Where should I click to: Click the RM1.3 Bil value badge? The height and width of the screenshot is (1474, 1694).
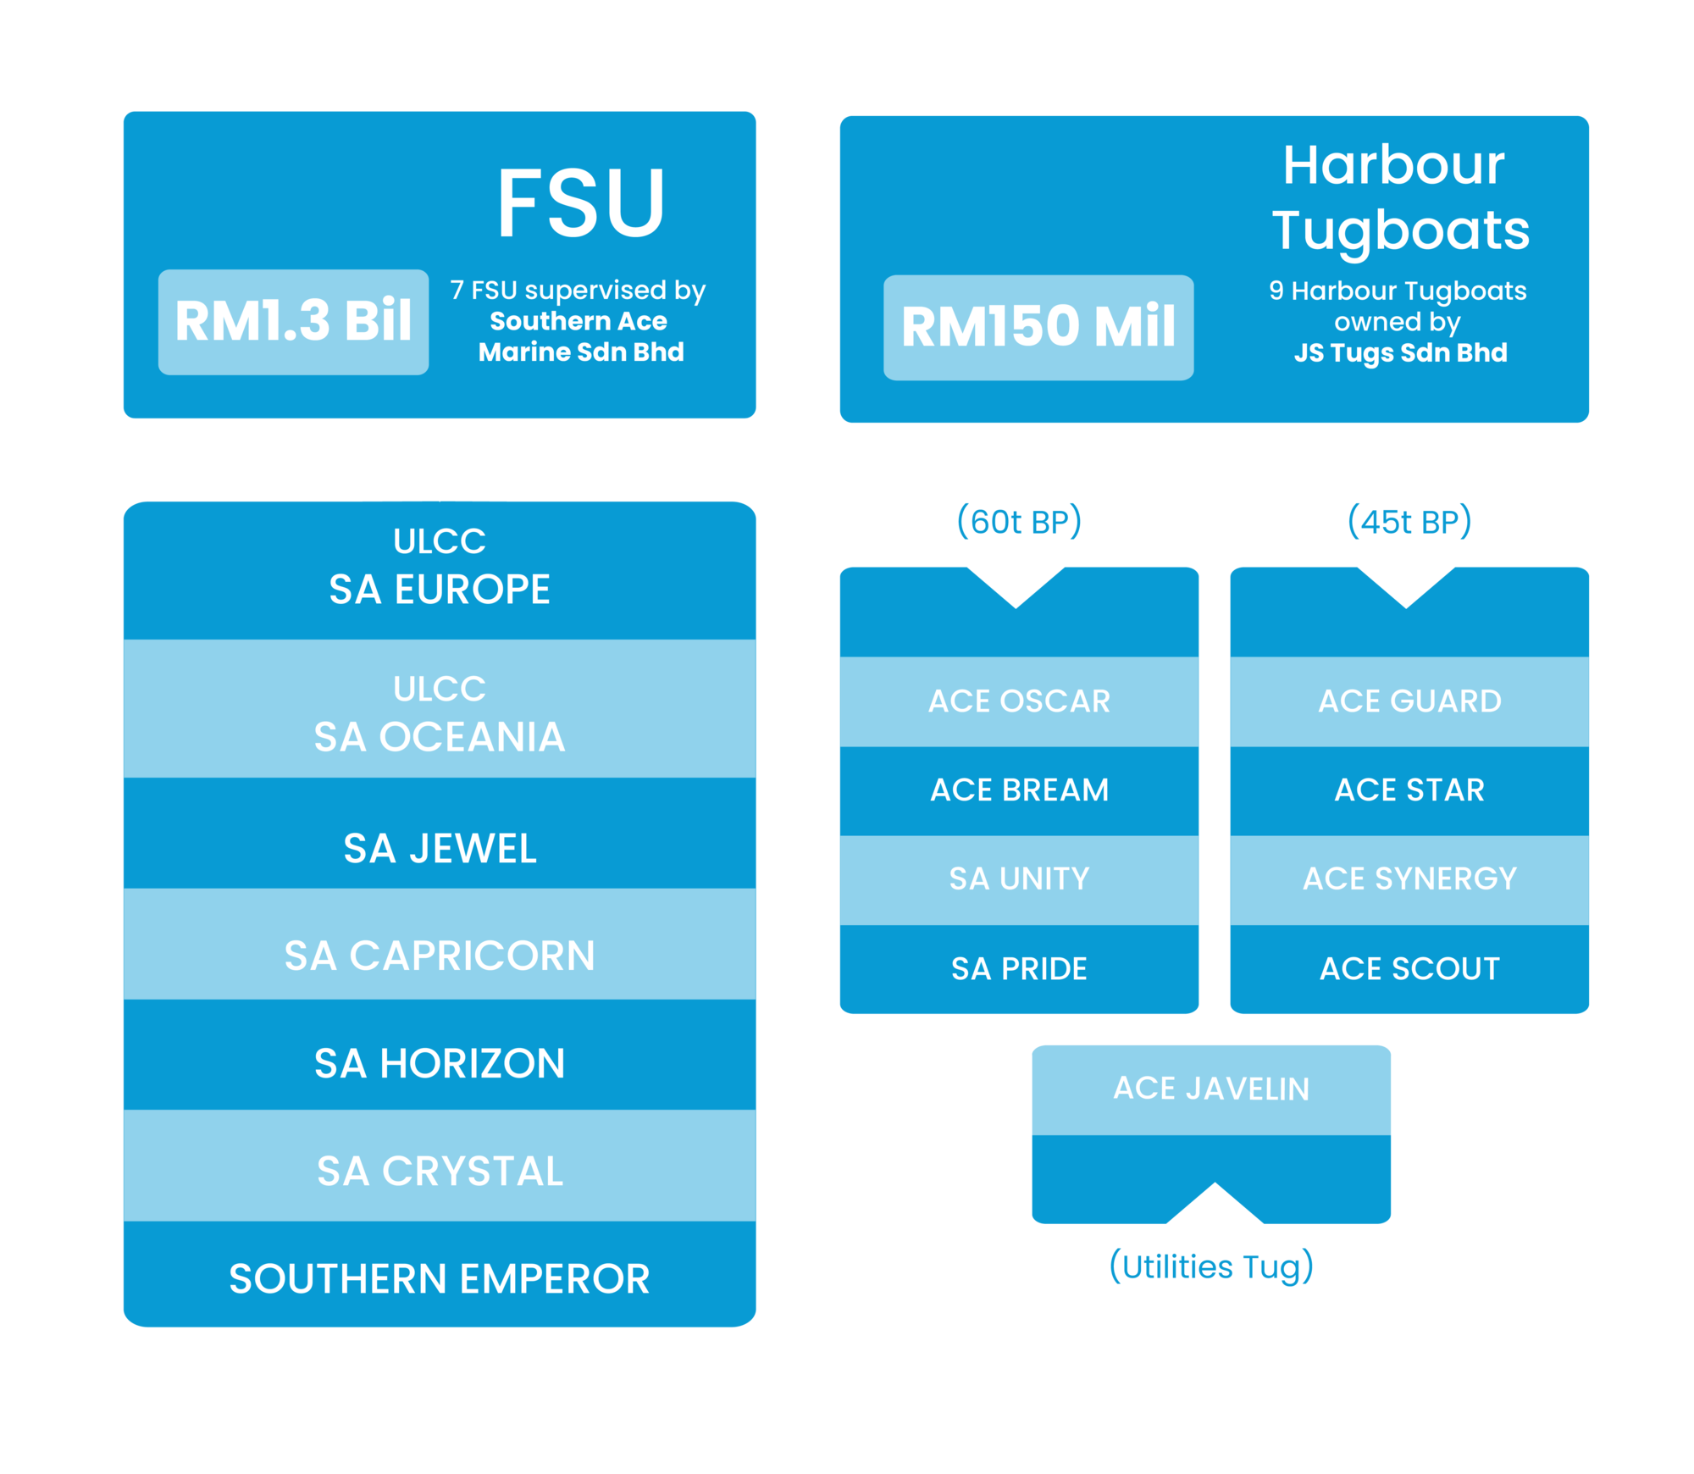293,322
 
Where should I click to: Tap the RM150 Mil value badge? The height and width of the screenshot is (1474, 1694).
1038,327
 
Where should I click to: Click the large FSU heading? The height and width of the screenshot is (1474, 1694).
581,203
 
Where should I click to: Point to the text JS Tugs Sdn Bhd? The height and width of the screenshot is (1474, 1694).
1401,352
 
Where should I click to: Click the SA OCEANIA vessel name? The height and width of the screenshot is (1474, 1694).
440,737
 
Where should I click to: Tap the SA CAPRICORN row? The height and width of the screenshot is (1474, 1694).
440,945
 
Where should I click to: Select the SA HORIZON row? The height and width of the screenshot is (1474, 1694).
440,1055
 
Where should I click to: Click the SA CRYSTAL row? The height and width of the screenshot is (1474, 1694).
440,1166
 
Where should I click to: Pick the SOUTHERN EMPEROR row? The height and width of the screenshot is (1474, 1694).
440,1274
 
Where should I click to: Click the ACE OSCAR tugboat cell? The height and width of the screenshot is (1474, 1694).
1019,701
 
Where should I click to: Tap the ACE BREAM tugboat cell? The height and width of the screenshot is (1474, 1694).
1019,791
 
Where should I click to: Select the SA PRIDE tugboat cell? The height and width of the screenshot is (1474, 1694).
1019,969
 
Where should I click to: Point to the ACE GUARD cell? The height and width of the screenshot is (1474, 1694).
1409,701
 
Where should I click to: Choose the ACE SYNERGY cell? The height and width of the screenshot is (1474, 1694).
1409,880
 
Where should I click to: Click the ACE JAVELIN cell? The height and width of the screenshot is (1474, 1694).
1211,1090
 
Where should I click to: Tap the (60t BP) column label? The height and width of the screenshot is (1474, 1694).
1019,521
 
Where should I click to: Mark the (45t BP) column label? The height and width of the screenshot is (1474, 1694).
1409,521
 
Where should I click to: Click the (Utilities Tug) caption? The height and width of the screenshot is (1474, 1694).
1211,1266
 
